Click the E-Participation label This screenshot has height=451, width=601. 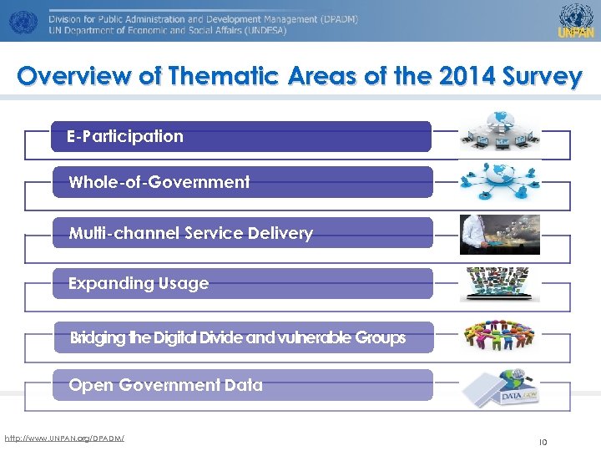pos(126,137)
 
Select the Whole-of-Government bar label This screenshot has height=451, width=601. pos(159,182)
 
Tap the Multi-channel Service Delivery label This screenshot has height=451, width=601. pos(190,234)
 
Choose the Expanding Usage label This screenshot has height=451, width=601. pos(139,284)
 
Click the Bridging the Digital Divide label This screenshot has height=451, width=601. pos(238,338)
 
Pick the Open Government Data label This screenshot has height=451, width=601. pos(165,386)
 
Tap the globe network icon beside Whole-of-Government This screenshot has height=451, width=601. pos(500,181)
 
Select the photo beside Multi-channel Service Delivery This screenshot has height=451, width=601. pos(499,234)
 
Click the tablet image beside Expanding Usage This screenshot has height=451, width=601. pos(499,284)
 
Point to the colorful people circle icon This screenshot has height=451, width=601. pos(499,336)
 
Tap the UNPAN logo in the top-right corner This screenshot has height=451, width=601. pos(575,20)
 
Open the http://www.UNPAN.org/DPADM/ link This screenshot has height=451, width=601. pos(64,438)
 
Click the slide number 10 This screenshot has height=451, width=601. pos(542,442)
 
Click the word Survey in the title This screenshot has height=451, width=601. pos(542,77)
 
